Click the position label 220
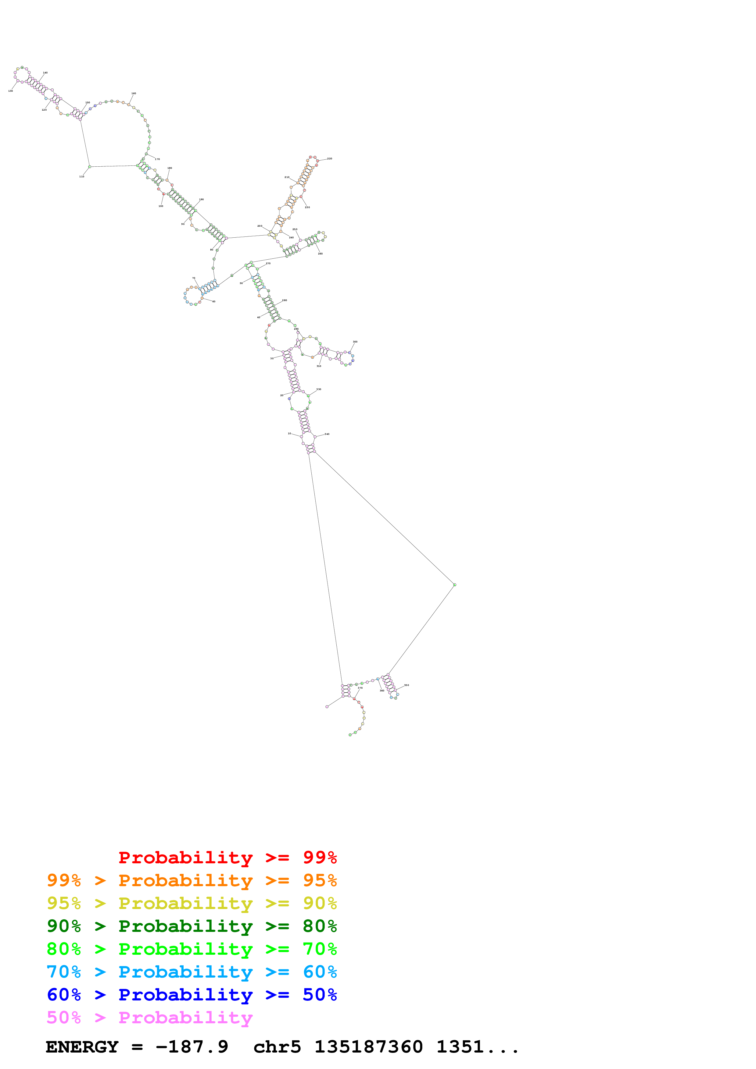pos(329,159)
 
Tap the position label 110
pos(81,176)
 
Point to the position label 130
pos(10,91)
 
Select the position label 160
pos(134,94)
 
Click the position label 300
pos(355,342)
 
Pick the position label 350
pos(406,685)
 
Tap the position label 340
pos(327,434)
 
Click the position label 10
pos(289,433)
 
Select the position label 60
pos(214,302)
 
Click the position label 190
pos(201,199)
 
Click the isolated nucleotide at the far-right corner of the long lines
pos(455,585)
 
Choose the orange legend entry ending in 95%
pos(192,880)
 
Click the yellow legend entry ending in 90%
pos(192,903)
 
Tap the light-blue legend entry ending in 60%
pos(192,972)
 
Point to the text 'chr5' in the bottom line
pos(277,1047)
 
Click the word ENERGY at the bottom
pos(82,1047)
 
